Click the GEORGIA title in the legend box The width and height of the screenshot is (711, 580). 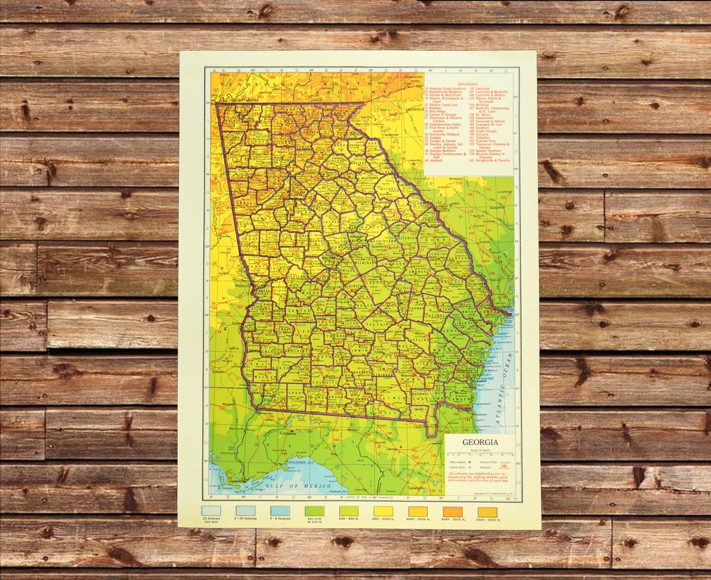tap(479, 442)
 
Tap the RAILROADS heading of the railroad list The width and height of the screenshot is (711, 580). tap(468, 85)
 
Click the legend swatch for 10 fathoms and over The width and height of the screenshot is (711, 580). tap(211, 511)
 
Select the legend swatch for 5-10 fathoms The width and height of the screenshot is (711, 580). tap(245, 511)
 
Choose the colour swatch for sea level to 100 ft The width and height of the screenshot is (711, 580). tap(314, 511)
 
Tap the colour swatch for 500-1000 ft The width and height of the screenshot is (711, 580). tap(383, 511)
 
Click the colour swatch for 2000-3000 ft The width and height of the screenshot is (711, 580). tap(452, 511)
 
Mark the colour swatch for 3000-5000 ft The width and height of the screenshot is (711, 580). tap(487, 511)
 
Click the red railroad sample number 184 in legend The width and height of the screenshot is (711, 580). tap(504, 466)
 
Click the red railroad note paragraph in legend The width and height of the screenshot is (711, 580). tap(479, 478)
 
